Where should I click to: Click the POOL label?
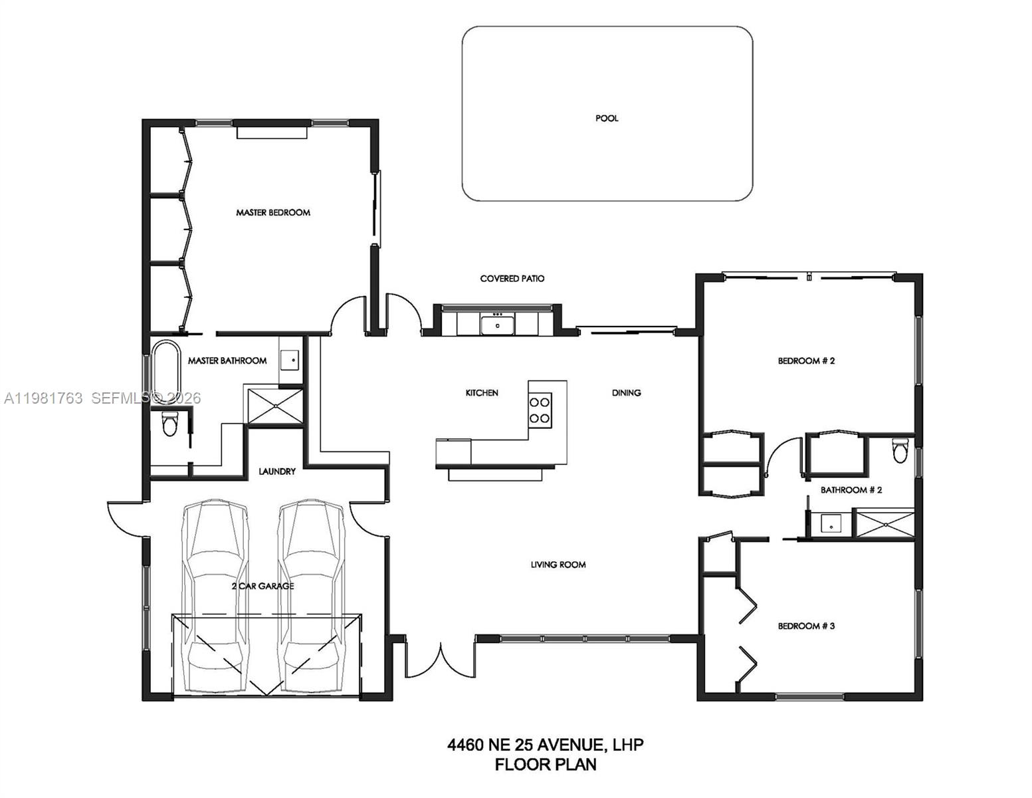coord(606,118)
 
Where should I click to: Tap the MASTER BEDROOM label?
coord(273,213)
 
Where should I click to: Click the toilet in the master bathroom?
coord(170,424)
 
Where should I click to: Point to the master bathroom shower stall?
coord(274,406)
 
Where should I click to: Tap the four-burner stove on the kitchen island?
coord(540,410)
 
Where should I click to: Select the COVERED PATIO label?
coord(512,279)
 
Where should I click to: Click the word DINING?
coord(626,393)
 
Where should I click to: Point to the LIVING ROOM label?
coord(558,565)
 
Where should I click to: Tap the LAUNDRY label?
coord(277,471)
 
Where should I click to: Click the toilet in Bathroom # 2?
coord(900,451)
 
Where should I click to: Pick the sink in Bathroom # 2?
coord(830,524)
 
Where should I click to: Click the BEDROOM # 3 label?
coord(806,626)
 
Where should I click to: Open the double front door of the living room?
coord(440,658)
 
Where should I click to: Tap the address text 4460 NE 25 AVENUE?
coord(525,744)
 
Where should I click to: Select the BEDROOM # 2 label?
coord(806,361)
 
